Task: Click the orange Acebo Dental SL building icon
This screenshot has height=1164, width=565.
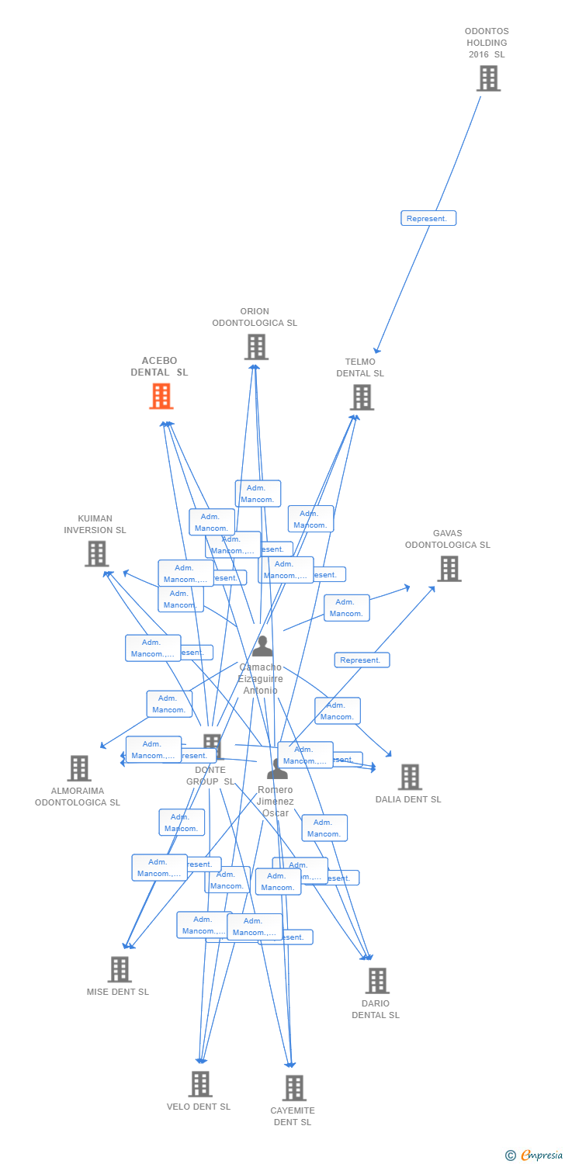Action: tap(161, 396)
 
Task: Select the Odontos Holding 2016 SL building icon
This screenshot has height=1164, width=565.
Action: tap(488, 78)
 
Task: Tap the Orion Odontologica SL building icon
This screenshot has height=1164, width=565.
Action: tap(256, 347)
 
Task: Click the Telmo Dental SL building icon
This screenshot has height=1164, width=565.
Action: tap(362, 397)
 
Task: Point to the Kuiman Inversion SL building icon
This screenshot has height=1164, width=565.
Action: tap(96, 554)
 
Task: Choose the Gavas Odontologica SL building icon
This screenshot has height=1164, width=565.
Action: tap(449, 569)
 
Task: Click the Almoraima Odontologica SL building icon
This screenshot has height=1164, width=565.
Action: tap(79, 768)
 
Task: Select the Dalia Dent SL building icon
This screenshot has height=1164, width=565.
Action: tap(409, 777)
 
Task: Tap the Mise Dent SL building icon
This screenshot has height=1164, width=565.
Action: tap(120, 969)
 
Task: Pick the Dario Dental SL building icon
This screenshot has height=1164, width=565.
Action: tap(377, 981)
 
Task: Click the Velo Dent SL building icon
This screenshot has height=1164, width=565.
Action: tap(200, 1084)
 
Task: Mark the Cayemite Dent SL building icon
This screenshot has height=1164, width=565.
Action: tap(294, 1088)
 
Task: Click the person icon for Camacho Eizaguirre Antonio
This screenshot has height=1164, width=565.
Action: tap(262, 646)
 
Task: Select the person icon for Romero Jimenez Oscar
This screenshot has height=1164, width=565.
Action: tap(277, 769)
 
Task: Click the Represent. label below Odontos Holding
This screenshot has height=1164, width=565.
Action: tap(428, 219)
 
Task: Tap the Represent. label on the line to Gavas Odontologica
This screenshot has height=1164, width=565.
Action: tap(362, 660)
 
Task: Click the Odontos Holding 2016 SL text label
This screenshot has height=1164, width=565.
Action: tap(487, 43)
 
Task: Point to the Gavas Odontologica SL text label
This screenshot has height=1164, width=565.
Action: tap(447, 539)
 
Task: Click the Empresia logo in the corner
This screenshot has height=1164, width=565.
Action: tap(536, 1155)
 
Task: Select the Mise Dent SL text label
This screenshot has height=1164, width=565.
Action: tap(118, 992)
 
